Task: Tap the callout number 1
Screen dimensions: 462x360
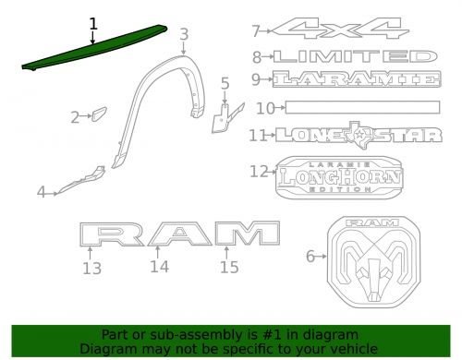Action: point(92,23)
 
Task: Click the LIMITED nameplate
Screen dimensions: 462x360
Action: point(357,56)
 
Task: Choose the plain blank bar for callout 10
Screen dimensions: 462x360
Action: point(359,108)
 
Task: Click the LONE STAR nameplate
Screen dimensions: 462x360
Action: point(352,135)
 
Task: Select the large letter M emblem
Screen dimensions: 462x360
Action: point(247,235)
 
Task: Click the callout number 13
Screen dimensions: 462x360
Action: point(91,269)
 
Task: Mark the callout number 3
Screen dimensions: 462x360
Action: point(184,35)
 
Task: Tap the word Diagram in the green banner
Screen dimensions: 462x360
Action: point(105,349)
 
